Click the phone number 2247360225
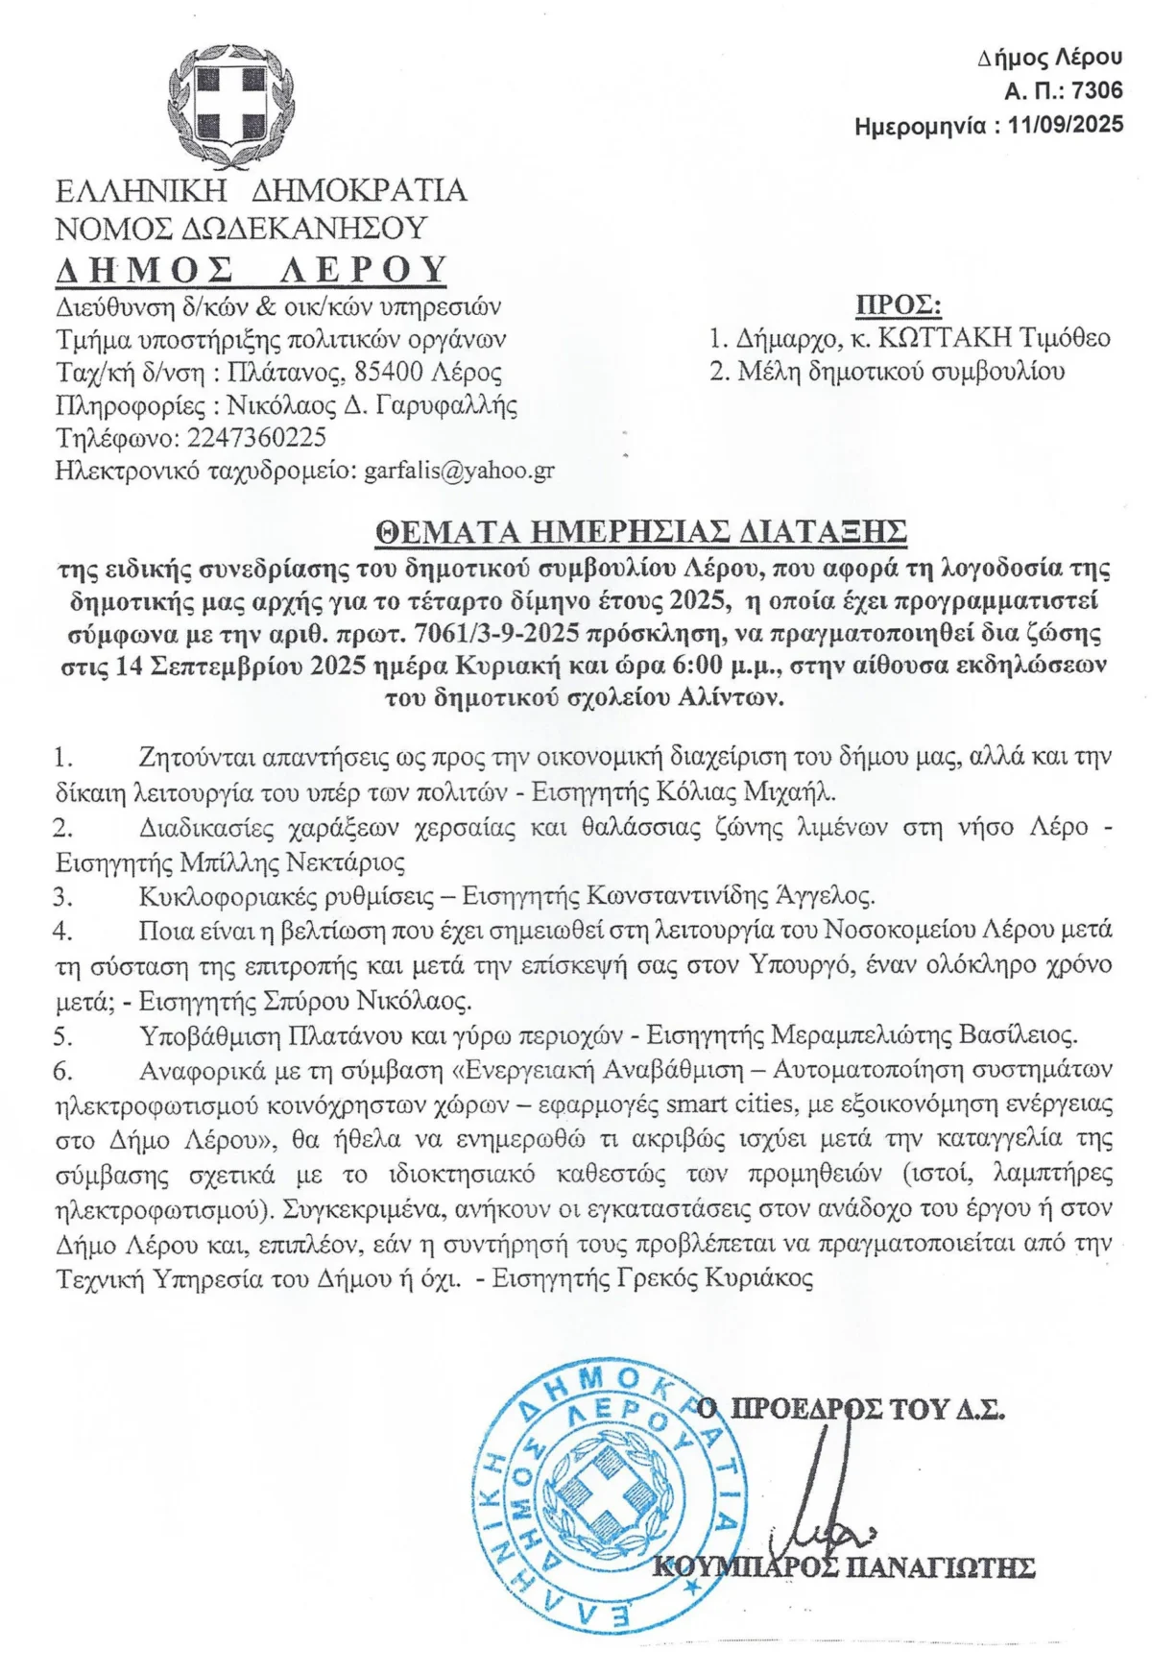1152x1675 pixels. click(257, 438)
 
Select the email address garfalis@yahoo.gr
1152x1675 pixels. click(459, 471)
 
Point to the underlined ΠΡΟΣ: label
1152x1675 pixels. click(899, 305)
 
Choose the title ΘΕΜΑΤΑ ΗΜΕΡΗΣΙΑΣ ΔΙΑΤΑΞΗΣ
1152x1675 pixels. click(641, 532)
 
